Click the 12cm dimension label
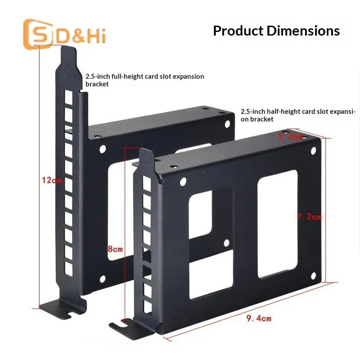(x=52, y=180)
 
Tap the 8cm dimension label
(x=115, y=249)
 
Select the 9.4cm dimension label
(x=259, y=319)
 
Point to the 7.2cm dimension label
(x=310, y=216)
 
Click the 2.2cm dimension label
(x=290, y=137)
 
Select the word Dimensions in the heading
(x=303, y=31)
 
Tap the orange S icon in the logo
(x=38, y=34)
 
